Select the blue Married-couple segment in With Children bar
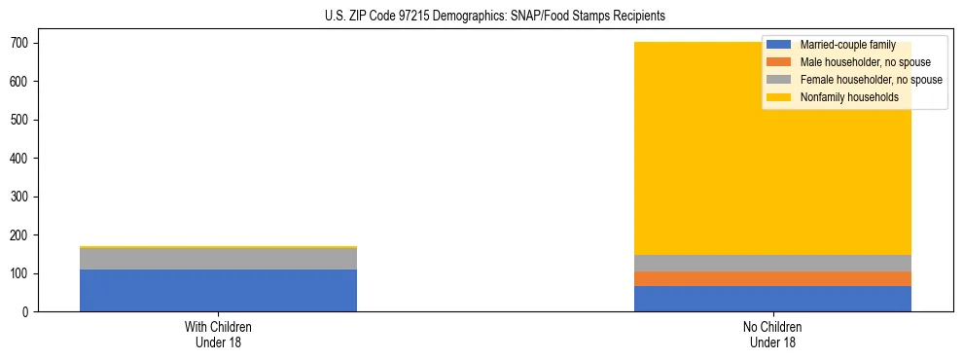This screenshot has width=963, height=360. click(x=218, y=290)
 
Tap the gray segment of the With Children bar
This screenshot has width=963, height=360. click(x=218, y=258)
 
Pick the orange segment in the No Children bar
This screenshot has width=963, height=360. click(x=772, y=278)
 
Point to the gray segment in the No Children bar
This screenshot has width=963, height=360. click(x=772, y=263)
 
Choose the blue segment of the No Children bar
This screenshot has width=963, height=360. click(x=772, y=299)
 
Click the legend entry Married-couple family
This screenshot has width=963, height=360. click(x=847, y=45)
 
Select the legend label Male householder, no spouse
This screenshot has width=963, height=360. click(x=865, y=62)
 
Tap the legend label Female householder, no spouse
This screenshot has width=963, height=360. click(x=871, y=80)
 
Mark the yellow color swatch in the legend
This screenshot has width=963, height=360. click(x=779, y=97)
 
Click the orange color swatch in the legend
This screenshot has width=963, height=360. click(x=779, y=62)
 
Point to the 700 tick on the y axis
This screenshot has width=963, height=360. click(x=20, y=43)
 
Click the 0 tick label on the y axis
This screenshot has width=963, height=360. click(x=26, y=312)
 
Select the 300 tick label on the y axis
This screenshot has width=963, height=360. click(x=20, y=197)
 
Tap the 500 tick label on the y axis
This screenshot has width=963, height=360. click(x=20, y=120)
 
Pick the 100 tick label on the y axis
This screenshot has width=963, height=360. click(x=20, y=273)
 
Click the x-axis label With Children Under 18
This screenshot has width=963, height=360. click(x=218, y=334)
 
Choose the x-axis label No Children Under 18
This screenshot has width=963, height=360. click(x=772, y=334)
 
